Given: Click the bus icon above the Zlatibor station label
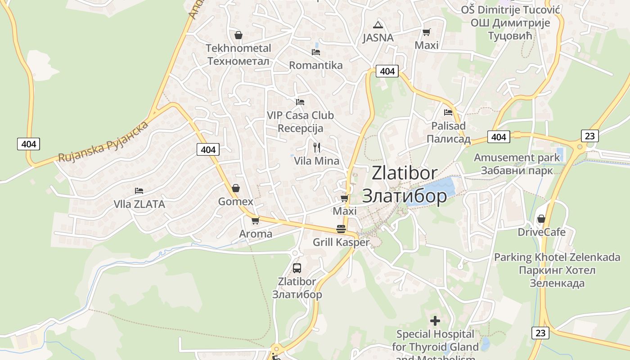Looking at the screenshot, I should coord(297,268).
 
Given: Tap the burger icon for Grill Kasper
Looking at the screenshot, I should coord(341,229).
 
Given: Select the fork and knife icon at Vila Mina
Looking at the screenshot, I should coord(317,148).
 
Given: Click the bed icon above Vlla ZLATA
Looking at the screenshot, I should coord(139,191).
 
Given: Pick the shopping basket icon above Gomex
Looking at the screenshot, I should coord(235,188).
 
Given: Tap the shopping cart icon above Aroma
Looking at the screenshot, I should coord(256,220).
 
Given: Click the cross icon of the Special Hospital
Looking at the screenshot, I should coord(435,321).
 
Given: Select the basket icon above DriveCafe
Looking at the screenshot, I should coord(541,219).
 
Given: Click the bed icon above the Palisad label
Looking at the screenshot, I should coord(448,112).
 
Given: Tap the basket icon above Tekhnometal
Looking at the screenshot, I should coord(238,35).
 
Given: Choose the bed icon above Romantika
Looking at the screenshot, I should coord(316,52).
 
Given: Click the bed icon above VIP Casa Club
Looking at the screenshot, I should coord(300,102).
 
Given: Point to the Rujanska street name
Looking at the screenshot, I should coord(103,142).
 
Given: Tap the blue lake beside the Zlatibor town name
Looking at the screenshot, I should coord(432,193).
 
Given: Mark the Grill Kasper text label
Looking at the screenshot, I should coord(341,242).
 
